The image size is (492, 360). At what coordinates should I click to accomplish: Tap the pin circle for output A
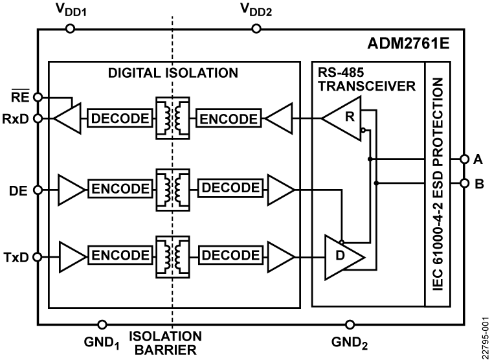[x=464, y=159]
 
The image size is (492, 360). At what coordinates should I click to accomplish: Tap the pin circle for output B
[x=464, y=183]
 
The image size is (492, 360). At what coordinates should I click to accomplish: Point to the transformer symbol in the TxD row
[x=172, y=256]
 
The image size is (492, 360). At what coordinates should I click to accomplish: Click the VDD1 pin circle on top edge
[x=70, y=28]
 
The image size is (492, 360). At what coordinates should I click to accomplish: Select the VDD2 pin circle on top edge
[x=257, y=28]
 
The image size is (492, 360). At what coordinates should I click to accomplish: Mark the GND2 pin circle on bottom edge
[x=350, y=323]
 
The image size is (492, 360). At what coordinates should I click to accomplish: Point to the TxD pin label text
[x=16, y=256]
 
